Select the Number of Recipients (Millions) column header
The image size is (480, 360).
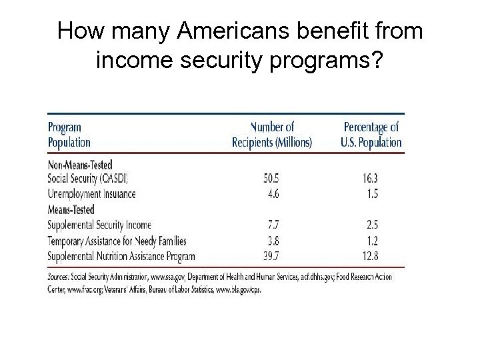coord(271,134)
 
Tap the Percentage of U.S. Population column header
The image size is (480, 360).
coord(372,134)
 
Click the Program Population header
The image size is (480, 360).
coord(69,134)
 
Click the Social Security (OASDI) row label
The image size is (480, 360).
coord(88,179)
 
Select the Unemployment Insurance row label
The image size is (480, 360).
coord(92,194)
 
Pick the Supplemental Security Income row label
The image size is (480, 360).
coord(100,225)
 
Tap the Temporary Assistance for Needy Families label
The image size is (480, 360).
coord(117,241)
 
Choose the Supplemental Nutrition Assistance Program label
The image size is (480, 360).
coord(122,256)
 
